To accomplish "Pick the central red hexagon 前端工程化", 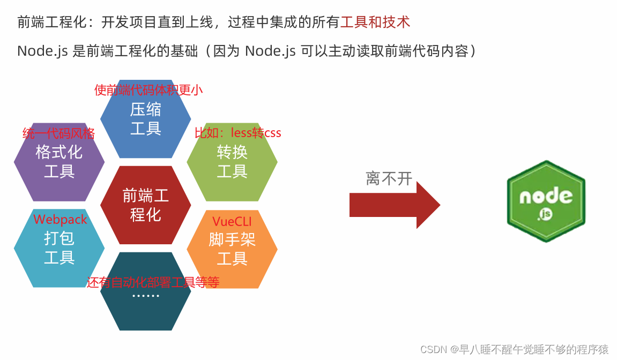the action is click(x=145, y=205).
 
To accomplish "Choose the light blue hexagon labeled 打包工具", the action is click(x=59, y=247).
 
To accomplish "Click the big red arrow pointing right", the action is click(x=395, y=205).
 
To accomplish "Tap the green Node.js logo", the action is click(x=546, y=201).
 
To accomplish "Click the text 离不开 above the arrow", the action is click(x=389, y=178).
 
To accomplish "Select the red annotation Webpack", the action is click(x=60, y=220).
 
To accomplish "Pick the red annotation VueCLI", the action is click(x=232, y=221).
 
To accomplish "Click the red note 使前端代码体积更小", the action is click(x=148, y=90).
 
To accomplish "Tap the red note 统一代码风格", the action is click(x=58, y=133).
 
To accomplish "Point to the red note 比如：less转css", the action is click(x=237, y=133).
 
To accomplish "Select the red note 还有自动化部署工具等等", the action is click(x=153, y=282).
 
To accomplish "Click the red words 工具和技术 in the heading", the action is click(x=375, y=22).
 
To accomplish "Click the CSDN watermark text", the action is click(x=514, y=349).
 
